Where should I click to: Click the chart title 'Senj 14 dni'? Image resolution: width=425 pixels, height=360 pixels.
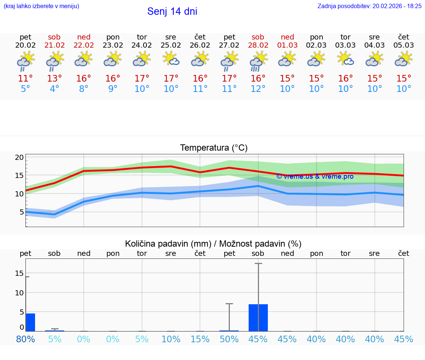click(172, 11)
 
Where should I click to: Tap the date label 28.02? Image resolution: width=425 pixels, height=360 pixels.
click(258, 45)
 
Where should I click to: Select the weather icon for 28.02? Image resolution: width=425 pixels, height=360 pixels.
click(258, 61)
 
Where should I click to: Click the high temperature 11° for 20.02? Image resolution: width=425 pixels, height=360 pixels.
click(25, 79)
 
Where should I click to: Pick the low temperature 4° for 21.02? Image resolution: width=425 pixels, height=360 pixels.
click(55, 89)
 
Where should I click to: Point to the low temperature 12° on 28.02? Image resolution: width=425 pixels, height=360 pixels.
click(258, 89)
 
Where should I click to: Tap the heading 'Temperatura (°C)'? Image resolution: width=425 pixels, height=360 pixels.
click(214, 148)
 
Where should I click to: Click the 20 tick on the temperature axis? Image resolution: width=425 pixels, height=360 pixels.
click(19, 157)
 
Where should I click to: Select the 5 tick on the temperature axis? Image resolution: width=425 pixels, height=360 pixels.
click(21, 212)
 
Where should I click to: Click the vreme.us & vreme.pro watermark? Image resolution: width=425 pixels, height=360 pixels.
click(315, 176)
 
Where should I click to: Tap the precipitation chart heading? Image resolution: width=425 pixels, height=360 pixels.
click(213, 244)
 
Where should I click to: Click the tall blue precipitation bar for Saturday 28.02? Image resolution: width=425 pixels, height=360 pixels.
click(258, 318)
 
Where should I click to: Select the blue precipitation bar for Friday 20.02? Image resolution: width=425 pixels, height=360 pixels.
click(30, 322)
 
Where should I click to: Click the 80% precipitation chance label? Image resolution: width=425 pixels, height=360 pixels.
click(25, 339)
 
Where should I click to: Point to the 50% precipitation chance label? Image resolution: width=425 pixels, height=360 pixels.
click(229, 339)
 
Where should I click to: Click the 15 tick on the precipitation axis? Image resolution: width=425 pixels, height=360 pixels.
click(19, 273)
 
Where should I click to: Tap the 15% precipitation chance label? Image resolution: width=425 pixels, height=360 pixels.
click(200, 339)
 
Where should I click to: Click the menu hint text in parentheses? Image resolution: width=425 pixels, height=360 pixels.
click(41, 6)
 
